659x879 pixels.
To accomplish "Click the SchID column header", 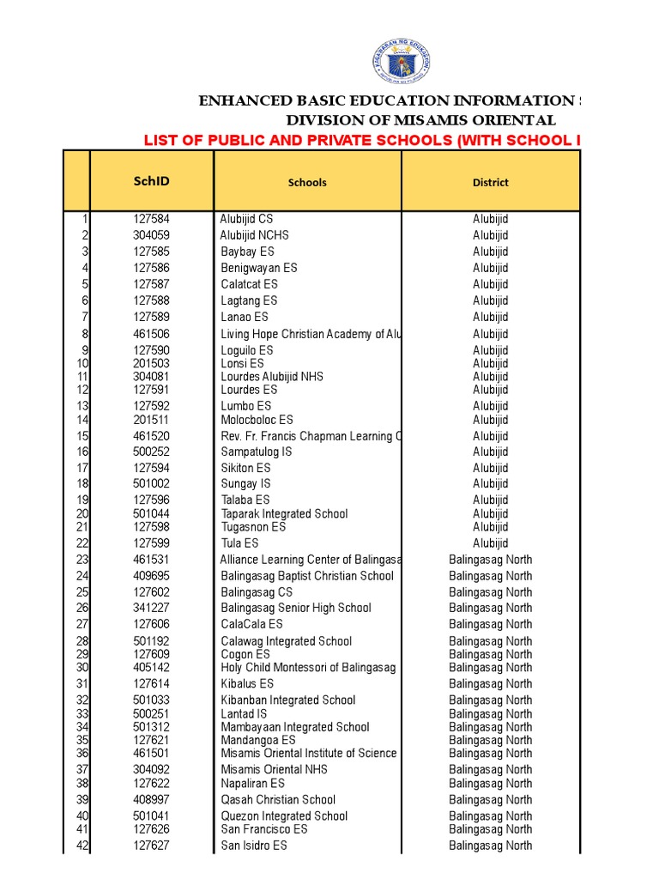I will [151, 181].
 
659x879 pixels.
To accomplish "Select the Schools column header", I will [307, 182].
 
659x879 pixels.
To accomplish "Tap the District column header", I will [490, 182].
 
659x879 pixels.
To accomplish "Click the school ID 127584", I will [151, 219].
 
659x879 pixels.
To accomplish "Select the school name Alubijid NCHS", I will [255, 235].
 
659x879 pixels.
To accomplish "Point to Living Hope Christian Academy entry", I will [310, 334].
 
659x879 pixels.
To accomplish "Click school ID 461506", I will [151, 334].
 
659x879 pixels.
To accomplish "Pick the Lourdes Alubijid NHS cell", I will [272, 377].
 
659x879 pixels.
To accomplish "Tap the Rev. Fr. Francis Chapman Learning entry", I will [310, 436].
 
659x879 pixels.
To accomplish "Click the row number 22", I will [82, 543].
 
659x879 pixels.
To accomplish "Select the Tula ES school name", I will [239, 543].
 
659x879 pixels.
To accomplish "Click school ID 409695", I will [151, 576].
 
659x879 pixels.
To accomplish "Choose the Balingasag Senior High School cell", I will [296, 608].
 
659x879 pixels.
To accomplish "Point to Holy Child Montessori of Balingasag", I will [308, 667].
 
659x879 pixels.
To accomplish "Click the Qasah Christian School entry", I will [278, 800].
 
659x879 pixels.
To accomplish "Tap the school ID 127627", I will [151, 846].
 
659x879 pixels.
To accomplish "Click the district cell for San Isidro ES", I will [490, 846].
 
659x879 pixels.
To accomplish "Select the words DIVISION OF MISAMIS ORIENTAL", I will [420, 120].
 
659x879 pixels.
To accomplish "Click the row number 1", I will [85, 219].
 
